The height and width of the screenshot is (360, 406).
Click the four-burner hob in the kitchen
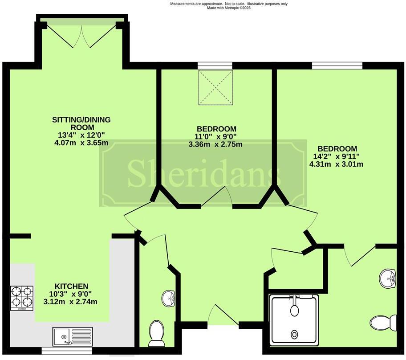click(x=21, y=298)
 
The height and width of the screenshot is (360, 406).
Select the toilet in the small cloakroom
click(x=156, y=334)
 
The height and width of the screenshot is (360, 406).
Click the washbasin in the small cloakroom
click(x=168, y=298)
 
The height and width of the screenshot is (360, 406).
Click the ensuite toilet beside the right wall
click(x=383, y=322)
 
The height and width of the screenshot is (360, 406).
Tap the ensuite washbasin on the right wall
click(x=388, y=279)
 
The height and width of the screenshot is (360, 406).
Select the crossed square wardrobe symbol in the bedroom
click(x=215, y=87)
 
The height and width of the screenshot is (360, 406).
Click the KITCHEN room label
click(x=71, y=286)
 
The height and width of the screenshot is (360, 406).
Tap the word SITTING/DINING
click(x=81, y=120)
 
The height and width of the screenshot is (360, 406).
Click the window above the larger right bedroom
click(x=337, y=66)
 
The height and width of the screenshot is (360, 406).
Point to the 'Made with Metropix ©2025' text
click(x=229, y=8)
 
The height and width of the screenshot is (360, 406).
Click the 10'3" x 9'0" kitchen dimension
click(x=71, y=294)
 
